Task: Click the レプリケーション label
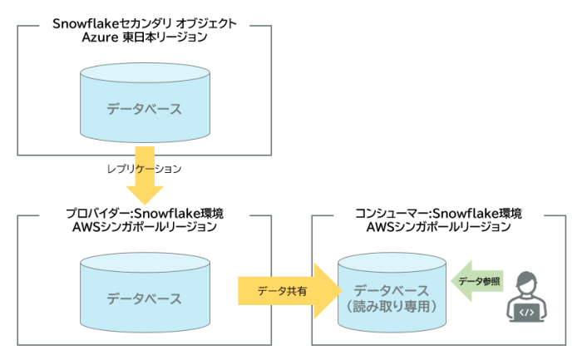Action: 143,168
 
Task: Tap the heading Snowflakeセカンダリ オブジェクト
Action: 144,23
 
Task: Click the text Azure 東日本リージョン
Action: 144,38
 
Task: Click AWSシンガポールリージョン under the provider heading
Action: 144,227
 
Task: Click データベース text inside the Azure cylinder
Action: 144,109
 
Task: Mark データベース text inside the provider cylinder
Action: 144,298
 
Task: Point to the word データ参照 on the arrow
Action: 480,282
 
